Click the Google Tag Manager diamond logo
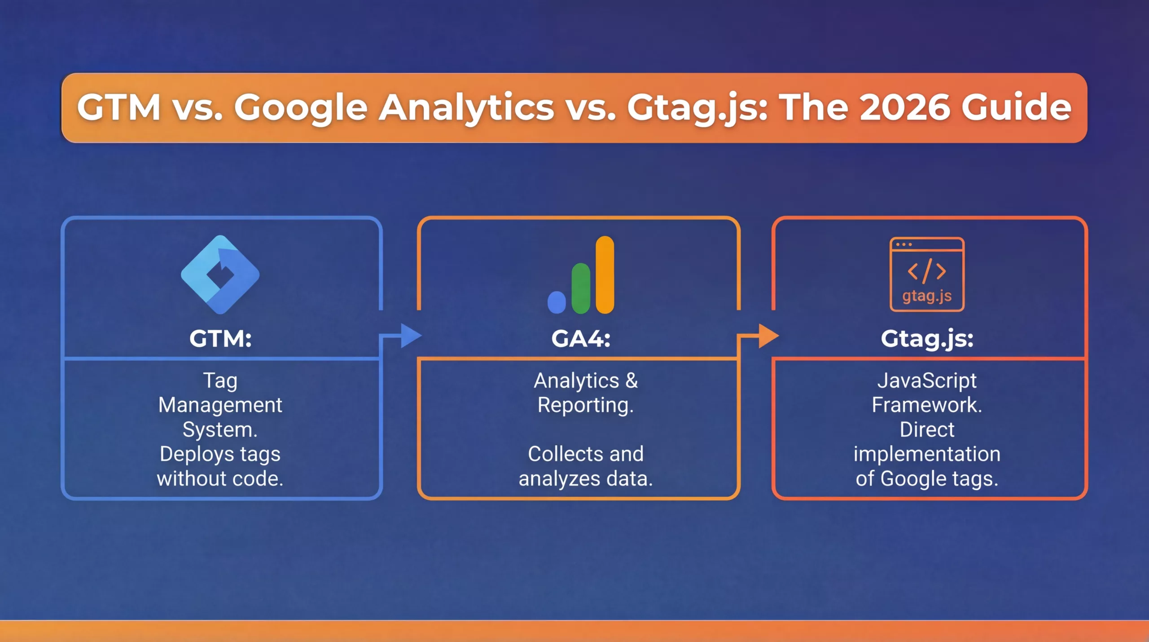220,275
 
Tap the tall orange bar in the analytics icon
605,275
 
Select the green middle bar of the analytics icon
581,288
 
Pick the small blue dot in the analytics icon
557,302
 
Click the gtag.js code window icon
927,274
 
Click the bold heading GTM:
220,338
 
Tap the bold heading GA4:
581,338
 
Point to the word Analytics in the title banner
466,108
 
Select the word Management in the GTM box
220,406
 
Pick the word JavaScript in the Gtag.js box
927,381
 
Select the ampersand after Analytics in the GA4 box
632,381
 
